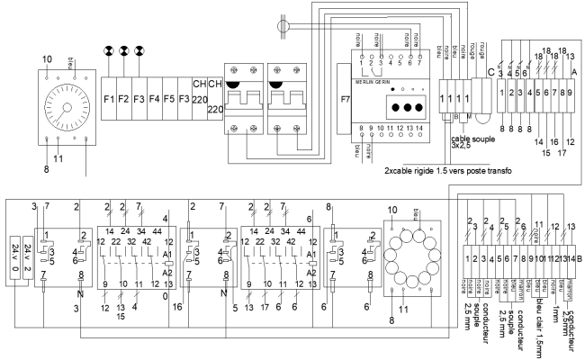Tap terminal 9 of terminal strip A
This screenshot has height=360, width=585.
(x=570, y=93)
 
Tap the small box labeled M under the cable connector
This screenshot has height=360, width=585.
(x=467, y=116)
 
